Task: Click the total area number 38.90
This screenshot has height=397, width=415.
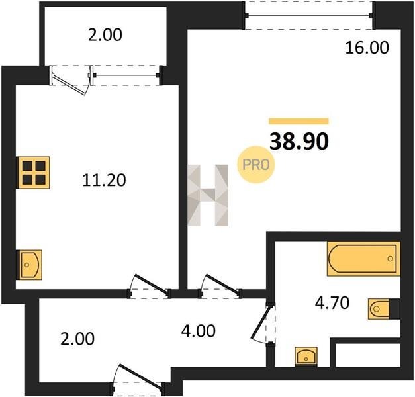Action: click(x=299, y=142)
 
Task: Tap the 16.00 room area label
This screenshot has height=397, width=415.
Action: click(x=367, y=48)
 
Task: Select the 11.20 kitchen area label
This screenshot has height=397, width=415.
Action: click(x=104, y=180)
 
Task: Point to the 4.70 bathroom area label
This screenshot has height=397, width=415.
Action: click(x=332, y=303)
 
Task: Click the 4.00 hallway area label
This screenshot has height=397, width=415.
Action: click(x=199, y=331)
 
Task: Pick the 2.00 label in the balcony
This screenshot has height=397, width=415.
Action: click(x=105, y=35)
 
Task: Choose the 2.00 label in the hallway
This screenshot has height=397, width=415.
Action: click(x=77, y=339)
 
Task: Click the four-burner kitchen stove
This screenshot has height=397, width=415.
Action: click(x=33, y=173)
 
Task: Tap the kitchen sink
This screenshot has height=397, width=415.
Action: click(x=29, y=265)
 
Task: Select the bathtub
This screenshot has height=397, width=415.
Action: click(x=363, y=259)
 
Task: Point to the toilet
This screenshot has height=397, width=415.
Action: click(x=384, y=308)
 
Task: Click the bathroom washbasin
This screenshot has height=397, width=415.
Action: click(x=306, y=357)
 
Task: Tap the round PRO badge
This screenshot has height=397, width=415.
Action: click(x=255, y=165)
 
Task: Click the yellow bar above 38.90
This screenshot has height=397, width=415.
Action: click(x=299, y=121)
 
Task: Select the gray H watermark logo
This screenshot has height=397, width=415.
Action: click(x=208, y=195)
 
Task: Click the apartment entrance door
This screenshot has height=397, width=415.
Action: click(x=140, y=377)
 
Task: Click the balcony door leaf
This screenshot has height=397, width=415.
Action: click(x=69, y=84)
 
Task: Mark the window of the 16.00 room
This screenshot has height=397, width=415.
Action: click(x=309, y=16)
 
